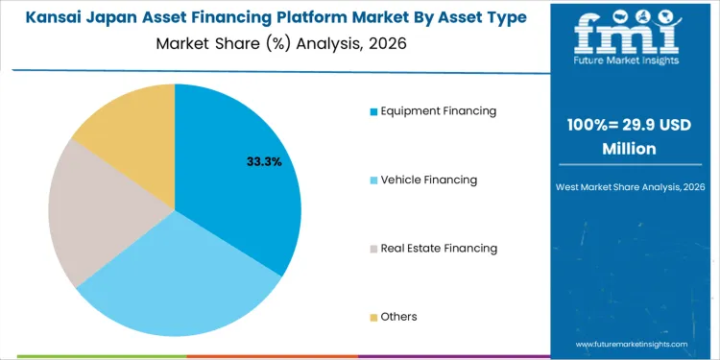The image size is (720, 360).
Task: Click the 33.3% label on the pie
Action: click(x=264, y=162)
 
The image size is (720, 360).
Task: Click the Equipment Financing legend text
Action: click(x=438, y=110)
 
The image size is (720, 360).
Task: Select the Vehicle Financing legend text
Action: click(x=428, y=180)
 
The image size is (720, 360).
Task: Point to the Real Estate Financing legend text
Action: click(x=439, y=248)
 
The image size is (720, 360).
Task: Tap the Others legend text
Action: click(x=398, y=317)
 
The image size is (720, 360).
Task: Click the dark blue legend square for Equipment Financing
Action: click(x=373, y=111)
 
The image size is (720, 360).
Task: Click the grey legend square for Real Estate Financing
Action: click(x=373, y=249)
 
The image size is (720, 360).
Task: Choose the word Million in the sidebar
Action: click(x=629, y=149)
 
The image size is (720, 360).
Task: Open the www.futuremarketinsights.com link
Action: click(x=632, y=343)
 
